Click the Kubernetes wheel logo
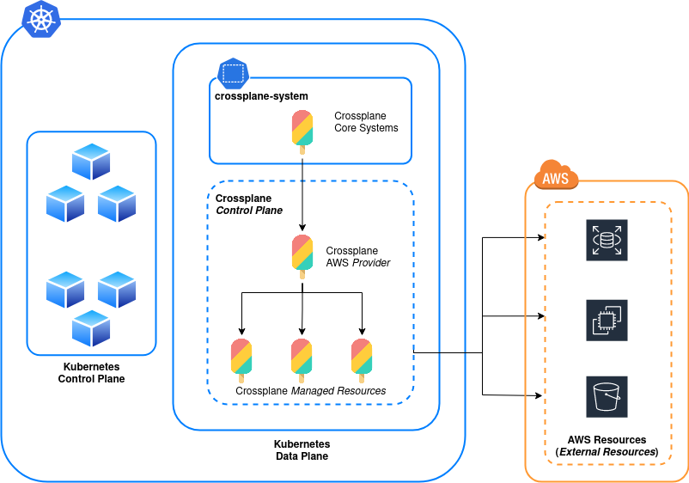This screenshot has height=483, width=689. (40, 19)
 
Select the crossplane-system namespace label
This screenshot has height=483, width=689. (261, 96)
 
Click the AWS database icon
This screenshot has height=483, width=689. (607, 240)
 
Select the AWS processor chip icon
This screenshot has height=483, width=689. (607, 320)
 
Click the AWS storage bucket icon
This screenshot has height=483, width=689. (607, 396)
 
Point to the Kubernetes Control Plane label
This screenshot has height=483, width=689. (91, 372)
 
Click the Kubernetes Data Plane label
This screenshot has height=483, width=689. (302, 450)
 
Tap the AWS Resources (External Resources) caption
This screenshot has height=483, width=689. (607, 445)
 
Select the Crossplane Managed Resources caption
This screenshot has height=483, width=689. (310, 391)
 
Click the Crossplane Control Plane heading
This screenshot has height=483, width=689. (249, 204)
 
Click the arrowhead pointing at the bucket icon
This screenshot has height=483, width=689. (540, 396)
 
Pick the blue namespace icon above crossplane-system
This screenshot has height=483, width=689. (232, 73)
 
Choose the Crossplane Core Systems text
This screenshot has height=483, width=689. (366, 122)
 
